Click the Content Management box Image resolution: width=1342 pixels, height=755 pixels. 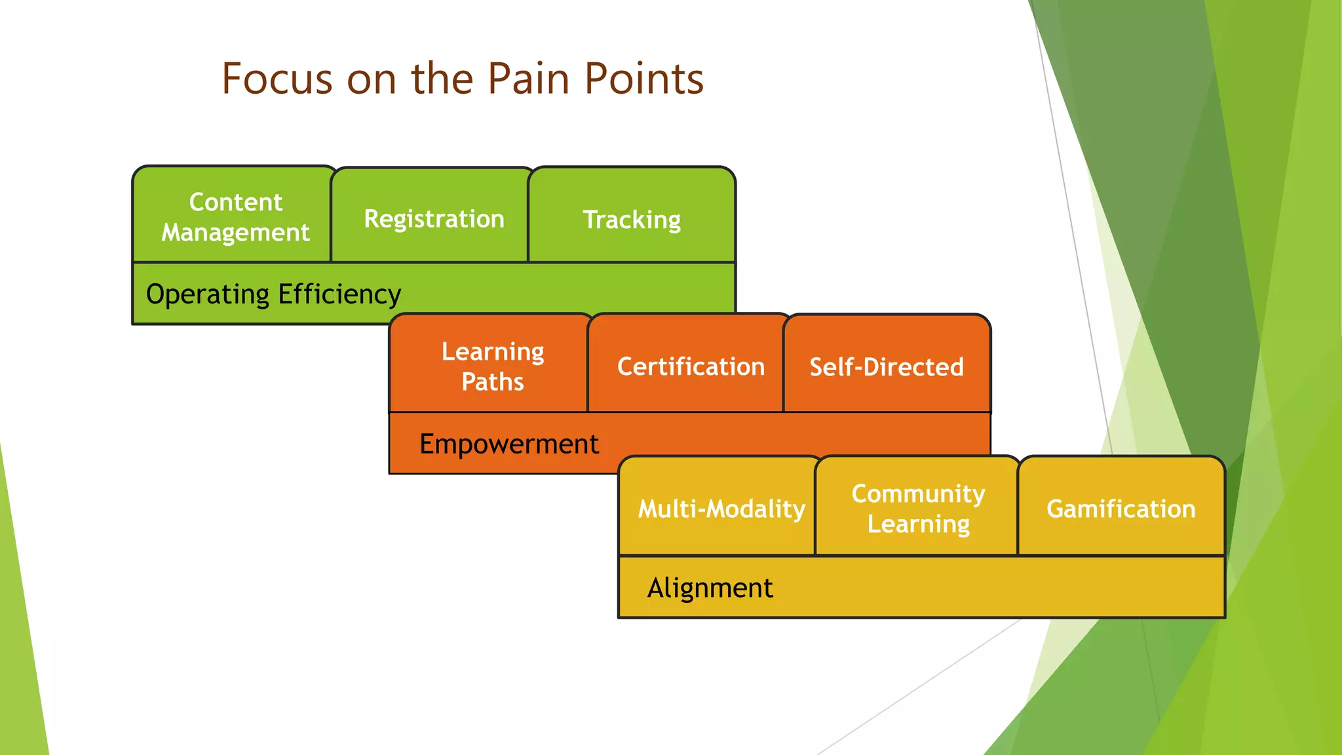pyautogui.click(x=235, y=216)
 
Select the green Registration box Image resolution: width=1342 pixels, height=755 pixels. pyautogui.click(x=433, y=218)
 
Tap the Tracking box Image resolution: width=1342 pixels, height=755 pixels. pyautogui.click(x=632, y=219)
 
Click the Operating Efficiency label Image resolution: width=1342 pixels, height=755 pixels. pyautogui.click(x=273, y=294)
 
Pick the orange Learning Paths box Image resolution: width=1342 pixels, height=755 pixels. pyautogui.click(x=492, y=366)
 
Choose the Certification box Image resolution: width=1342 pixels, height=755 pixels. pyautogui.click(x=691, y=366)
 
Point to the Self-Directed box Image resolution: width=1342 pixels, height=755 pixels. pyautogui.click(x=886, y=366)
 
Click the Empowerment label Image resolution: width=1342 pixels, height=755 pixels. pyautogui.click(x=508, y=444)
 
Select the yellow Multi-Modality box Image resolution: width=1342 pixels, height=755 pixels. pyautogui.click(x=721, y=509)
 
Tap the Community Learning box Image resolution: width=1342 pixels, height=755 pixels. pyautogui.click(x=918, y=508)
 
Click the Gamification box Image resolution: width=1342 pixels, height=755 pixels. pyautogui.click(x=1121, y=509)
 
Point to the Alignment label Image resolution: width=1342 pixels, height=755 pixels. pyautogui.click(x=710, y=588)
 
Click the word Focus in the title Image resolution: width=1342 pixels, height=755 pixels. pyautogui.click(x=277, y=79)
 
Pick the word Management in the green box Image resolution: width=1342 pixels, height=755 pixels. pyautogui.click(x=235, y=232)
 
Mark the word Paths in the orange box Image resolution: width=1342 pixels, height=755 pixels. pyautogui.click(x=492, y=381)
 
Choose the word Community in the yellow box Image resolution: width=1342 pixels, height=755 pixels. pyautogui.click(x=918, y=493)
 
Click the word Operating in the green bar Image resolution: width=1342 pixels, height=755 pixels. pyautogui.click(x=207, y=294)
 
